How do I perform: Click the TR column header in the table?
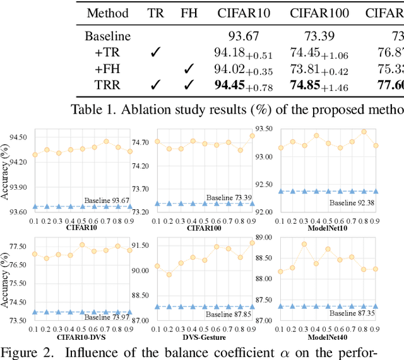click(155, 13)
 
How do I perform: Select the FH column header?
click(188, 13)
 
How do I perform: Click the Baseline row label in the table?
click(107, 37)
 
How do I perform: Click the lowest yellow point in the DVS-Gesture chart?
click(169, 274)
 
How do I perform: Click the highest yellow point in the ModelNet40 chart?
click(304, 244)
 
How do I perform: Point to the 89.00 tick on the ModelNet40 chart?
click(264, 237)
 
